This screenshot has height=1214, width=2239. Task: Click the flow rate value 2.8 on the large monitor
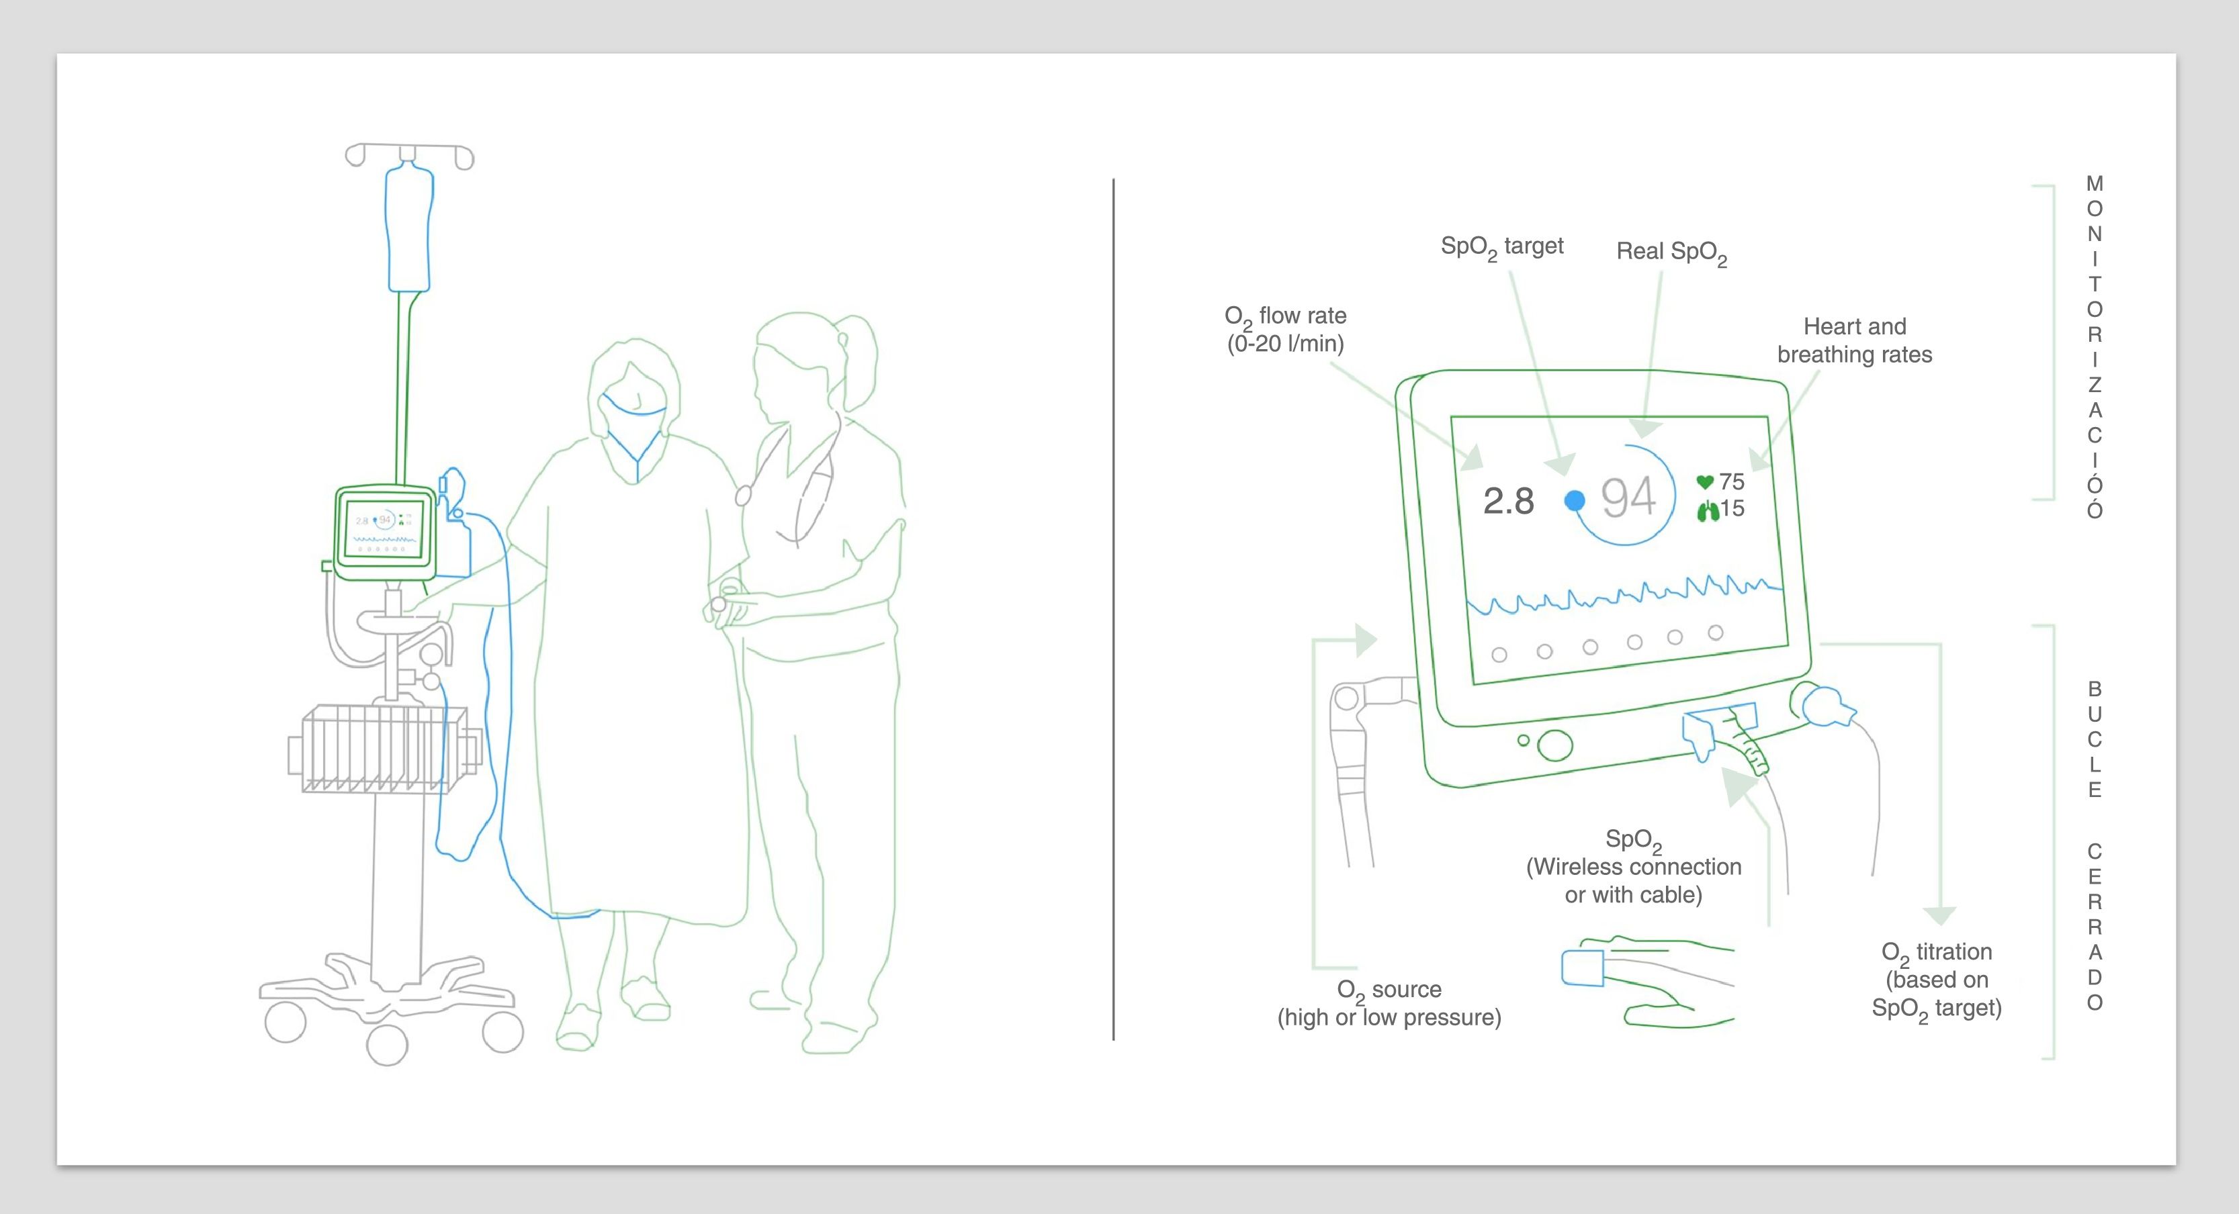[x=1508, y=502]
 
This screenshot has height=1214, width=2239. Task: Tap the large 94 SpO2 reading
[x=1628, y=498]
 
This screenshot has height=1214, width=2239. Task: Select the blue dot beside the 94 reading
[x=1574, y=500]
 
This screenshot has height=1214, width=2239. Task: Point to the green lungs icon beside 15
[x=1708, y=510]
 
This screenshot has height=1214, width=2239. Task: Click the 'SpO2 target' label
[x=1501, y=248]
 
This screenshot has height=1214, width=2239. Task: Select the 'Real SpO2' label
[x=1671, y=252]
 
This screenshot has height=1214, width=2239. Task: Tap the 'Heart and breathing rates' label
[x=1854, y=340]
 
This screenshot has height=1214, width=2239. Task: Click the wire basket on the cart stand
[x=382, y=749]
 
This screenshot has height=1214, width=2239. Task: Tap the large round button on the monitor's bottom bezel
[x=1555, y=745]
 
